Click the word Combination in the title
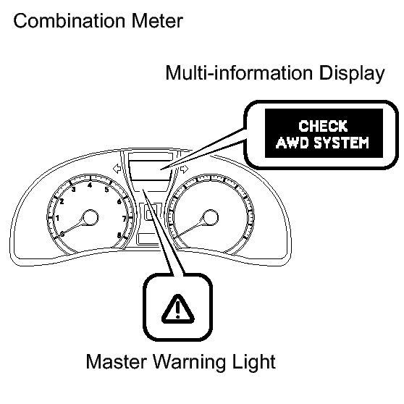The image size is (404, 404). click(x=70, y=20)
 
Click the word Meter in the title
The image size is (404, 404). click(x=157, y=20)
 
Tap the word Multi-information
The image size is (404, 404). click(x=239, y=73)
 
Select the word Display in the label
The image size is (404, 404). click(x=351, y=75)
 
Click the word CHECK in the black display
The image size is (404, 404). click(x=323, y=126)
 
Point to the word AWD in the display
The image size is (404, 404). click(x=293, y=143)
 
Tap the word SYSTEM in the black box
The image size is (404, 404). click(x=342, y=143)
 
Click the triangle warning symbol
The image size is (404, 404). click(x=178, y=309)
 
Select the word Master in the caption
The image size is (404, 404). click(x=116, y=362)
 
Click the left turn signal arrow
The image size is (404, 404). click(x=117, y=169)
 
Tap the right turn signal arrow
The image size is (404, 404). click(x=184, y=169)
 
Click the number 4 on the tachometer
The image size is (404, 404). click(x=90, y=185)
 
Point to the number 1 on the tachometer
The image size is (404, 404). click(x=57, y=218)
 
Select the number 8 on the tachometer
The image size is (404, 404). click(x=119, y=235)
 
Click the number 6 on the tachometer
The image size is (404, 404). click(x=119, y=201)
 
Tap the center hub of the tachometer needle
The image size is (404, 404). click(x=91, y=218)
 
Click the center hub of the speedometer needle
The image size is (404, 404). click(x=211, y=218)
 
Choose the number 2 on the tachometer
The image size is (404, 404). click(x=62, y=201)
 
